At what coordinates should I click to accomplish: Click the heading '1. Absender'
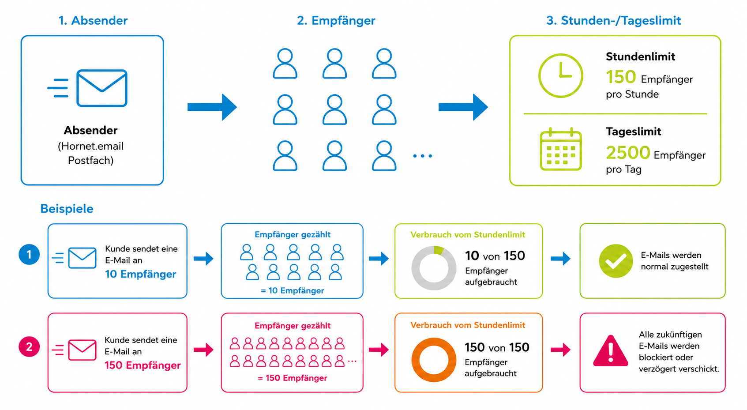click(93, 21)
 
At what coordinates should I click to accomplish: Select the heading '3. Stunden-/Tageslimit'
click(613, 21)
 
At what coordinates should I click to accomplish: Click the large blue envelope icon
click(102, 88)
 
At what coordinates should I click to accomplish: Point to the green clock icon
click(561, 53)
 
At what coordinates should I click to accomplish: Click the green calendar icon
click(561, 149)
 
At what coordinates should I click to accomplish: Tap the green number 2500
click(628, 153)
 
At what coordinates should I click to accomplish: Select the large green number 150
click(621, 77)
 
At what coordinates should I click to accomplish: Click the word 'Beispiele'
click(67, 209)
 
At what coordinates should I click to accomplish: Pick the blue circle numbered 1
click(29, 255)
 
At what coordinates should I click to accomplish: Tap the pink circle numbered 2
click(29, 346)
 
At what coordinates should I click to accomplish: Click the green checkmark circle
click(616, 261)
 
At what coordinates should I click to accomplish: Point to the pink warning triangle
click(611, 350)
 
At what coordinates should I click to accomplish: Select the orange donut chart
click(415, 360)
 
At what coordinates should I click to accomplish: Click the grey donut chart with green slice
click(415, 268)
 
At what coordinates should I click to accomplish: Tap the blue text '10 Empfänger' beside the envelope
click(140, 274)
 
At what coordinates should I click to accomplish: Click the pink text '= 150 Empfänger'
click(292, 378)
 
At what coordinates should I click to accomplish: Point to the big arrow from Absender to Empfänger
click(212, 107)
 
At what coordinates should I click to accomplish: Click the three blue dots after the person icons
click(422, 156)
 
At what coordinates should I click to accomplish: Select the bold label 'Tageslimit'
click(633, 132)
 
